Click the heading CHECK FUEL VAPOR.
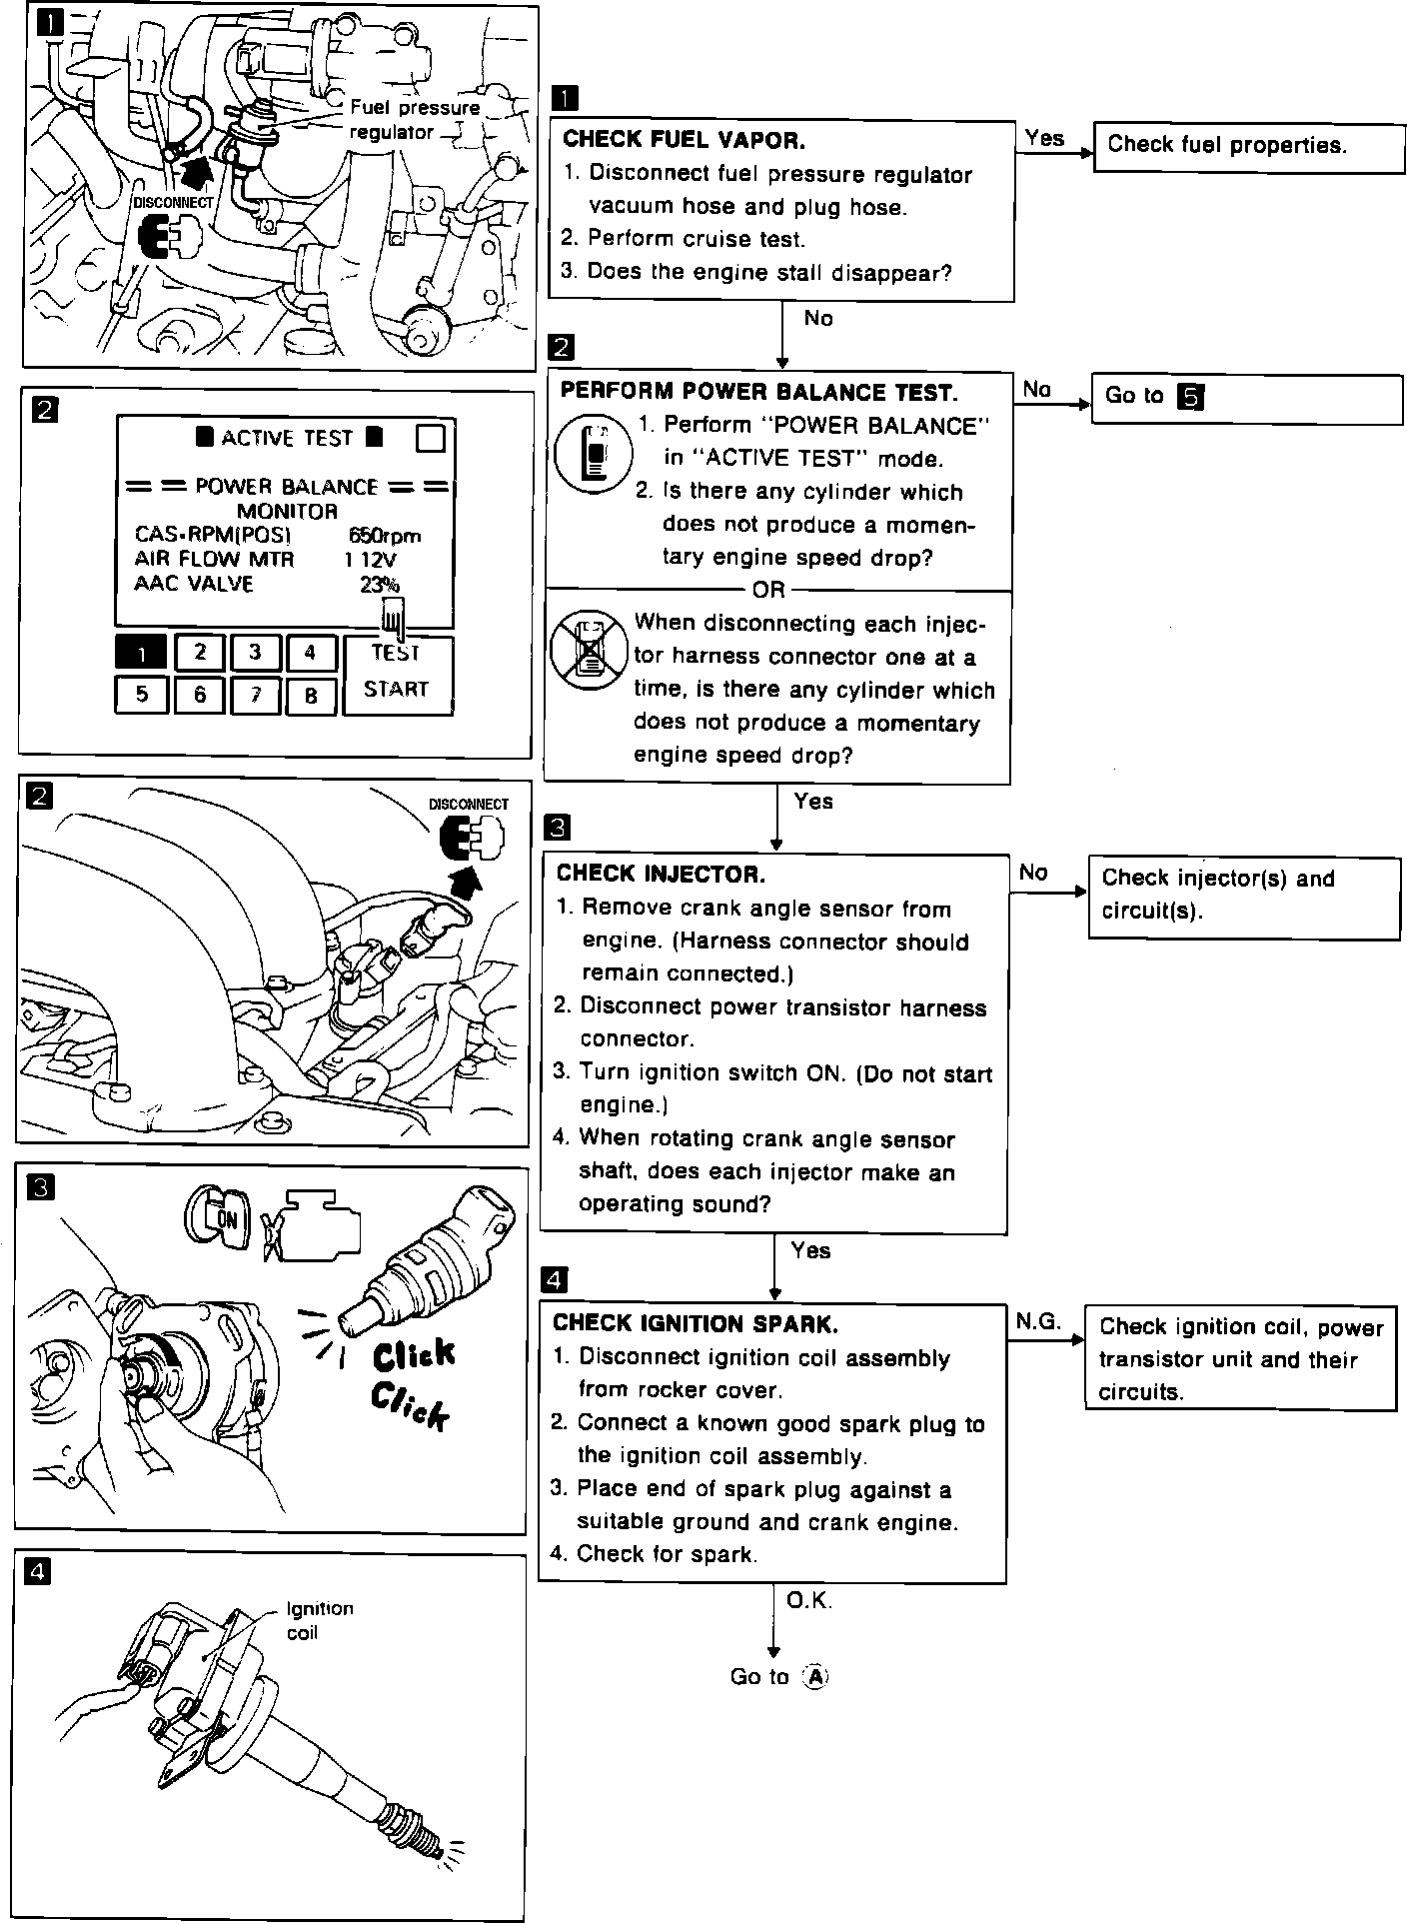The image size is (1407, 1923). coord(685,140)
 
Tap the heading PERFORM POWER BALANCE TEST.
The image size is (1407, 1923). coord(758,391)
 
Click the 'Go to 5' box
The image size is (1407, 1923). coord(1246,398)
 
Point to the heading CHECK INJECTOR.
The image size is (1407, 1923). coord(661,874)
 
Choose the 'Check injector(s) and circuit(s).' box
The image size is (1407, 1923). coord(1243,896)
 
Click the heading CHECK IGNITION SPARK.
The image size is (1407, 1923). coord(696,1323)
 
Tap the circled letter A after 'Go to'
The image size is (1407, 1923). coord(816,1676)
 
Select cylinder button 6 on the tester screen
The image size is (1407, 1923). coord(200,695)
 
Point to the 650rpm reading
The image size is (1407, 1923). coord(385,536)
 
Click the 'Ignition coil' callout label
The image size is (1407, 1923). coord(318,1620)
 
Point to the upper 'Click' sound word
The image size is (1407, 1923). coord(414,1355)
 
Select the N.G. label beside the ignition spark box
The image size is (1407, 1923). coord(1038,1321)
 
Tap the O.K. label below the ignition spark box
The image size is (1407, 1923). coord(809,1600)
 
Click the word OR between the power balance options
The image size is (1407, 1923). coord(769,590)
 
